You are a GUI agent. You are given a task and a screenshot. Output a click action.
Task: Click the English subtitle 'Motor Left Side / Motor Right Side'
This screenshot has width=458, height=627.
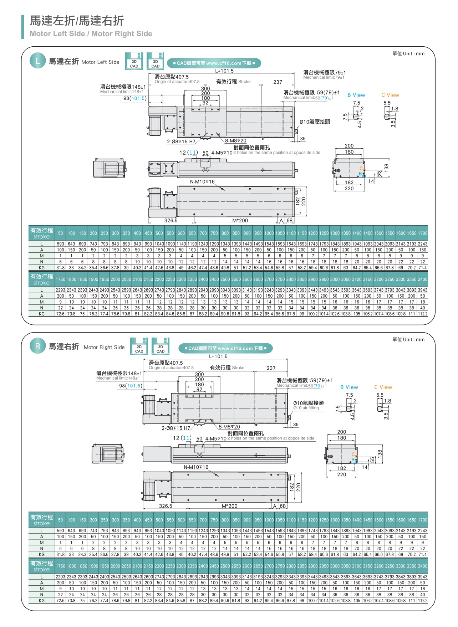[x=91, y=34]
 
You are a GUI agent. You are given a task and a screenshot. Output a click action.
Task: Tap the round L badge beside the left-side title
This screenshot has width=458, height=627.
[x=37, y=61]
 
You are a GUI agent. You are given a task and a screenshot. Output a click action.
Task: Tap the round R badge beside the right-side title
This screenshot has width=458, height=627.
[x=37, y=346]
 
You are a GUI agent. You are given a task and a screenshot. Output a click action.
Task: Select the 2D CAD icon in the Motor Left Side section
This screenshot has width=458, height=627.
[x=134, y=62]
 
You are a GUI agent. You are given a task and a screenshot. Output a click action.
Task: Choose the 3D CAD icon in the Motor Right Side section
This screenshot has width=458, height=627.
[x=161, y=347]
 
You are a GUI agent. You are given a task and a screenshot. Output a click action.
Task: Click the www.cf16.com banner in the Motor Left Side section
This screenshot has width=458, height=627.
[x=214, y=63]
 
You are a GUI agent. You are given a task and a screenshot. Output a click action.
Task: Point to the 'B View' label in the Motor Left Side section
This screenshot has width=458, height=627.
[x=356, y=95]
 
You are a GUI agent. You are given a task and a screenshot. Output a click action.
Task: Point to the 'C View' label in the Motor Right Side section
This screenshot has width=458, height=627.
[x=383, y=387]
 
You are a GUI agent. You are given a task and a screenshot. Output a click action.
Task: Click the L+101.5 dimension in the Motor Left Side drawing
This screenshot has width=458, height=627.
[x=224, y=71]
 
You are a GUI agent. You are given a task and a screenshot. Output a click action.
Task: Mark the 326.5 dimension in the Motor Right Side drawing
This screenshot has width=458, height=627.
[x=166, y=506]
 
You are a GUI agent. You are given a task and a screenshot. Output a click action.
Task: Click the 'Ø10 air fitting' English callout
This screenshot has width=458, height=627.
[x=306, y=408]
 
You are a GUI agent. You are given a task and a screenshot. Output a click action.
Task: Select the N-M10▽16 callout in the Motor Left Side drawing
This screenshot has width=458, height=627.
[x=202, y=182]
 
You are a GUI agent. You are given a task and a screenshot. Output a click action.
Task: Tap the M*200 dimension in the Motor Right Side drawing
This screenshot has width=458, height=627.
[x=229, y=506]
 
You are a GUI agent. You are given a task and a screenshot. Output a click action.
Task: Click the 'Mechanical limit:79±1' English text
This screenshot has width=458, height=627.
[x=324, y=77]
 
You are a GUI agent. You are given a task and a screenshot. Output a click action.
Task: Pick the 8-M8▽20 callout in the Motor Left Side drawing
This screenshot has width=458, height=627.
[x=235, y=141]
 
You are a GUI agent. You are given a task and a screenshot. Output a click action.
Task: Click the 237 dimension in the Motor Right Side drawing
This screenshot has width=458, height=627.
[x=271, y=368]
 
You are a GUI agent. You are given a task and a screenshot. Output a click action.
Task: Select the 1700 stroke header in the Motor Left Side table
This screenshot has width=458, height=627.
[x=422, y=233]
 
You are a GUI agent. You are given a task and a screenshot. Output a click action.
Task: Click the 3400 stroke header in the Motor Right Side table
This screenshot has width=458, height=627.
[x=422, y=566]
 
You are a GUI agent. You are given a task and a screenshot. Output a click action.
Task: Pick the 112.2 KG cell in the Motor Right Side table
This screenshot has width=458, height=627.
[x=422, y=600]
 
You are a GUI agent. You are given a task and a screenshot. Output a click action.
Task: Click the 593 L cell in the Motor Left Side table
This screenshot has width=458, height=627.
[x=61, y=244]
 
